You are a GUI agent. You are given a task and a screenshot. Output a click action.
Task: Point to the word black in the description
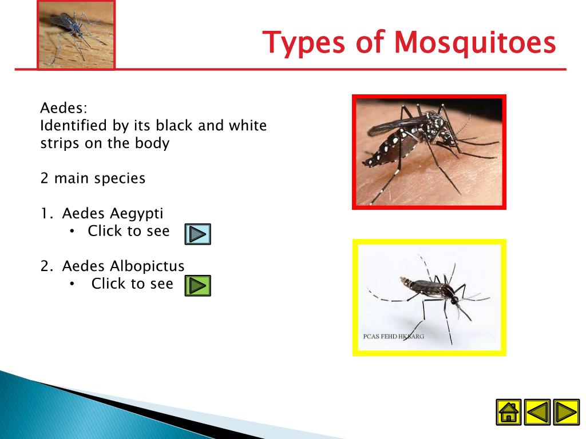point(175,125)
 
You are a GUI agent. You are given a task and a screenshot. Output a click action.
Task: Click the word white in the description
point(247,125)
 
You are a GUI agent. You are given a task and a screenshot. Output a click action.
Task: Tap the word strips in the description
point(60,143)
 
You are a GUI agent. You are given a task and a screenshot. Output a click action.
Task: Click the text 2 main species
point(93,178)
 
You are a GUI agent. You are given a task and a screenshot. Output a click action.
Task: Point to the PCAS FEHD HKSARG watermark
point(394,336)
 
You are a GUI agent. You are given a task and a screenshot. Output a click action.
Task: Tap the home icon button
point(508,412)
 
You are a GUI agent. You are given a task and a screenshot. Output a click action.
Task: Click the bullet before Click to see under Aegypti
point(72,232)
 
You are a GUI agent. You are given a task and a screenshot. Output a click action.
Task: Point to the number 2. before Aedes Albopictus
point(46,266)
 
